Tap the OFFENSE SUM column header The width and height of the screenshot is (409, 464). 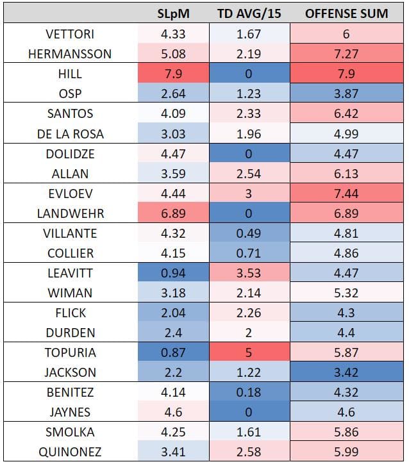[x=346, y=13]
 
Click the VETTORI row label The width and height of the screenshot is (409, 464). [x=70, y=35]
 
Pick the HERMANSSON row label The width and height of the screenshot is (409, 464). [x=70, y=54]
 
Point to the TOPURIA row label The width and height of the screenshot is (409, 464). [x=70, y=352]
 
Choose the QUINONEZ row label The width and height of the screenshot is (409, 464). [x=70, y=452]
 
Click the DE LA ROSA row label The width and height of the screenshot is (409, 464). [x=70, y=134]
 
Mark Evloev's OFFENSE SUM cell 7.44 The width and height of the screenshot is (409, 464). [x=346, y=194]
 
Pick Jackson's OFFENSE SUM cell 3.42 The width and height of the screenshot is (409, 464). [x=346, y=372]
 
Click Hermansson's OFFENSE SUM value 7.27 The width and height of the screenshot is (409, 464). [x=346, y=54]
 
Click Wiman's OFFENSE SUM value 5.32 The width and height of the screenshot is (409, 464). [x=346, y=293]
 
